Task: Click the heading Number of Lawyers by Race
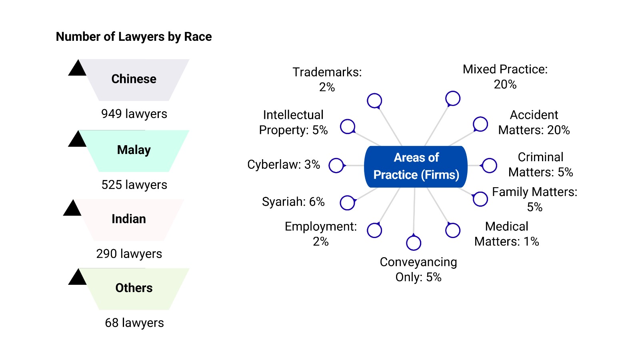(x=134, y=37)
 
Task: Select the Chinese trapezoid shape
(x=134, y=79)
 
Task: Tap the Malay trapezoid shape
(x=134, y=150)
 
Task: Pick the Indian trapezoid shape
(x=129, y=219)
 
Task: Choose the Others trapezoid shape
(x=134, y=288)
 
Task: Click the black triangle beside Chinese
(x=77, y=69)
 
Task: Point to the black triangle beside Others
(x=77, y=278)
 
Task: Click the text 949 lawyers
(x=134, y=114)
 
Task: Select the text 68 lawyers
(x=134, y=323)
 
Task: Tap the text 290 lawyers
(x=129, y=254)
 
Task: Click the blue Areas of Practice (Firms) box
(x=416, y=166)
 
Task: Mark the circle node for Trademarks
(x=374, y=101)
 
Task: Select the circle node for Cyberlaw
(x=336, y=165)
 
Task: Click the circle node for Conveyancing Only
(x=414, y=243)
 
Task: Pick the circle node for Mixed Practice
(x=453, y=98)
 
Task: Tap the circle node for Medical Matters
(x=453, y=230)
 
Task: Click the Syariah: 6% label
(x=293, y=202)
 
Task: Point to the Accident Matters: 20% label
(x=534, y=122)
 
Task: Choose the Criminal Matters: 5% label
(x=541, y=164)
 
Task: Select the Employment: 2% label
(x=321, y=234)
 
